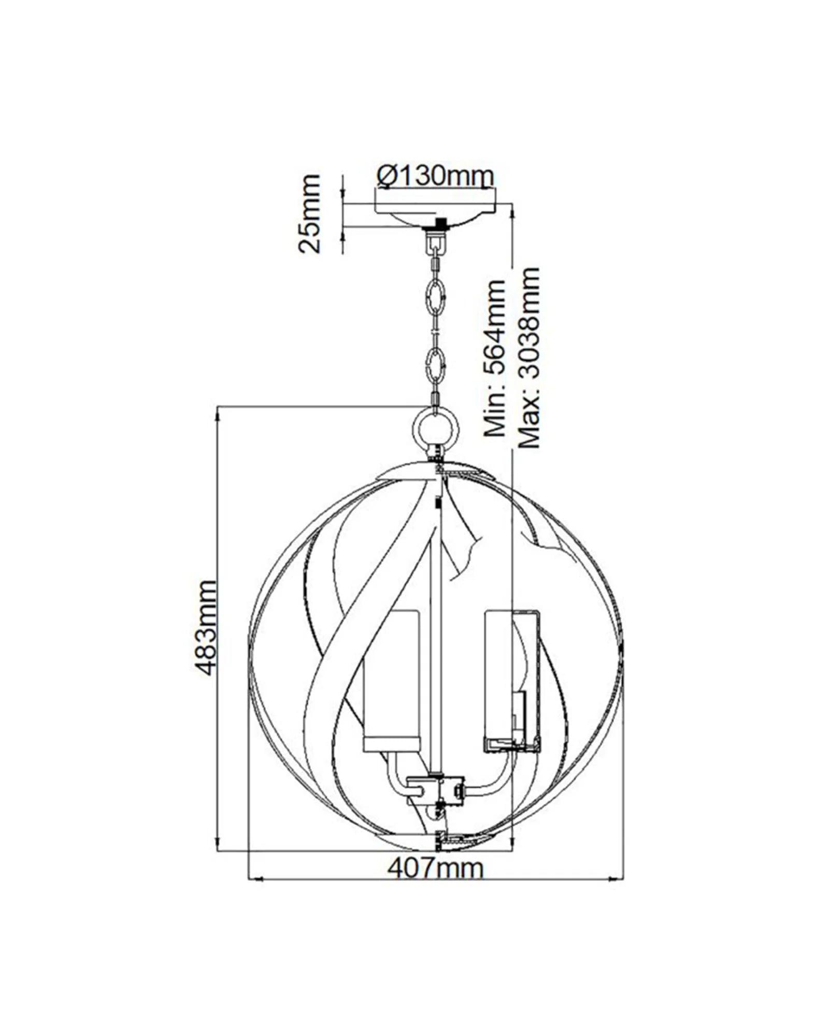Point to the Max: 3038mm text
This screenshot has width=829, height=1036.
pyautogui.click(x=529, y=357)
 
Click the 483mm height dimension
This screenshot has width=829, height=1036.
pyautogui.click(x=207, y=628)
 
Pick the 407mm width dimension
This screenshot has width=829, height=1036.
pyautogui.click(x=435, y=868)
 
